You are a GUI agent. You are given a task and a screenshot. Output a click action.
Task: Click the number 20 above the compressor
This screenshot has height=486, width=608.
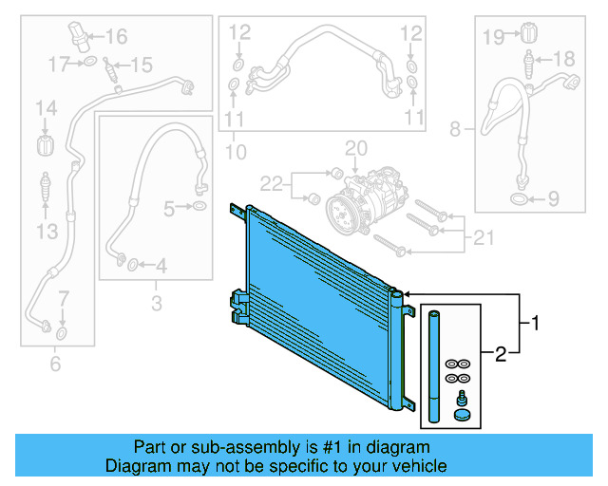[354, 148]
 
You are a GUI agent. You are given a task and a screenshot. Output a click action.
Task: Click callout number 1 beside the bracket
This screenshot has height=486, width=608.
[536, 324]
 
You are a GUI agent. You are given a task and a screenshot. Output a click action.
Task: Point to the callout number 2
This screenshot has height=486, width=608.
[500, 355]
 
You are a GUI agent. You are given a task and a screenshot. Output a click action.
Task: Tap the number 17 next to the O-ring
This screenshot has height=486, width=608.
[60, 64]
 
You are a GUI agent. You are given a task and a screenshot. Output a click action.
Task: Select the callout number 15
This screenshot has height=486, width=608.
[141, 65]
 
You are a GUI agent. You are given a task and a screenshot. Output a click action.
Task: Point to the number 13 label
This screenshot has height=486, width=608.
[47, 231]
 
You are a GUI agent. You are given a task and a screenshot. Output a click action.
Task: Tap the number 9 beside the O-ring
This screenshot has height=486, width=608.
[550, 199]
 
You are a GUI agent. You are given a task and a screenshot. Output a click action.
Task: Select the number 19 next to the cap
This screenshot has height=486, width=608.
[492, 37]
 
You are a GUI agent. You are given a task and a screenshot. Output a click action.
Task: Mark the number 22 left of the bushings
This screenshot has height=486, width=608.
[273, 182]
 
